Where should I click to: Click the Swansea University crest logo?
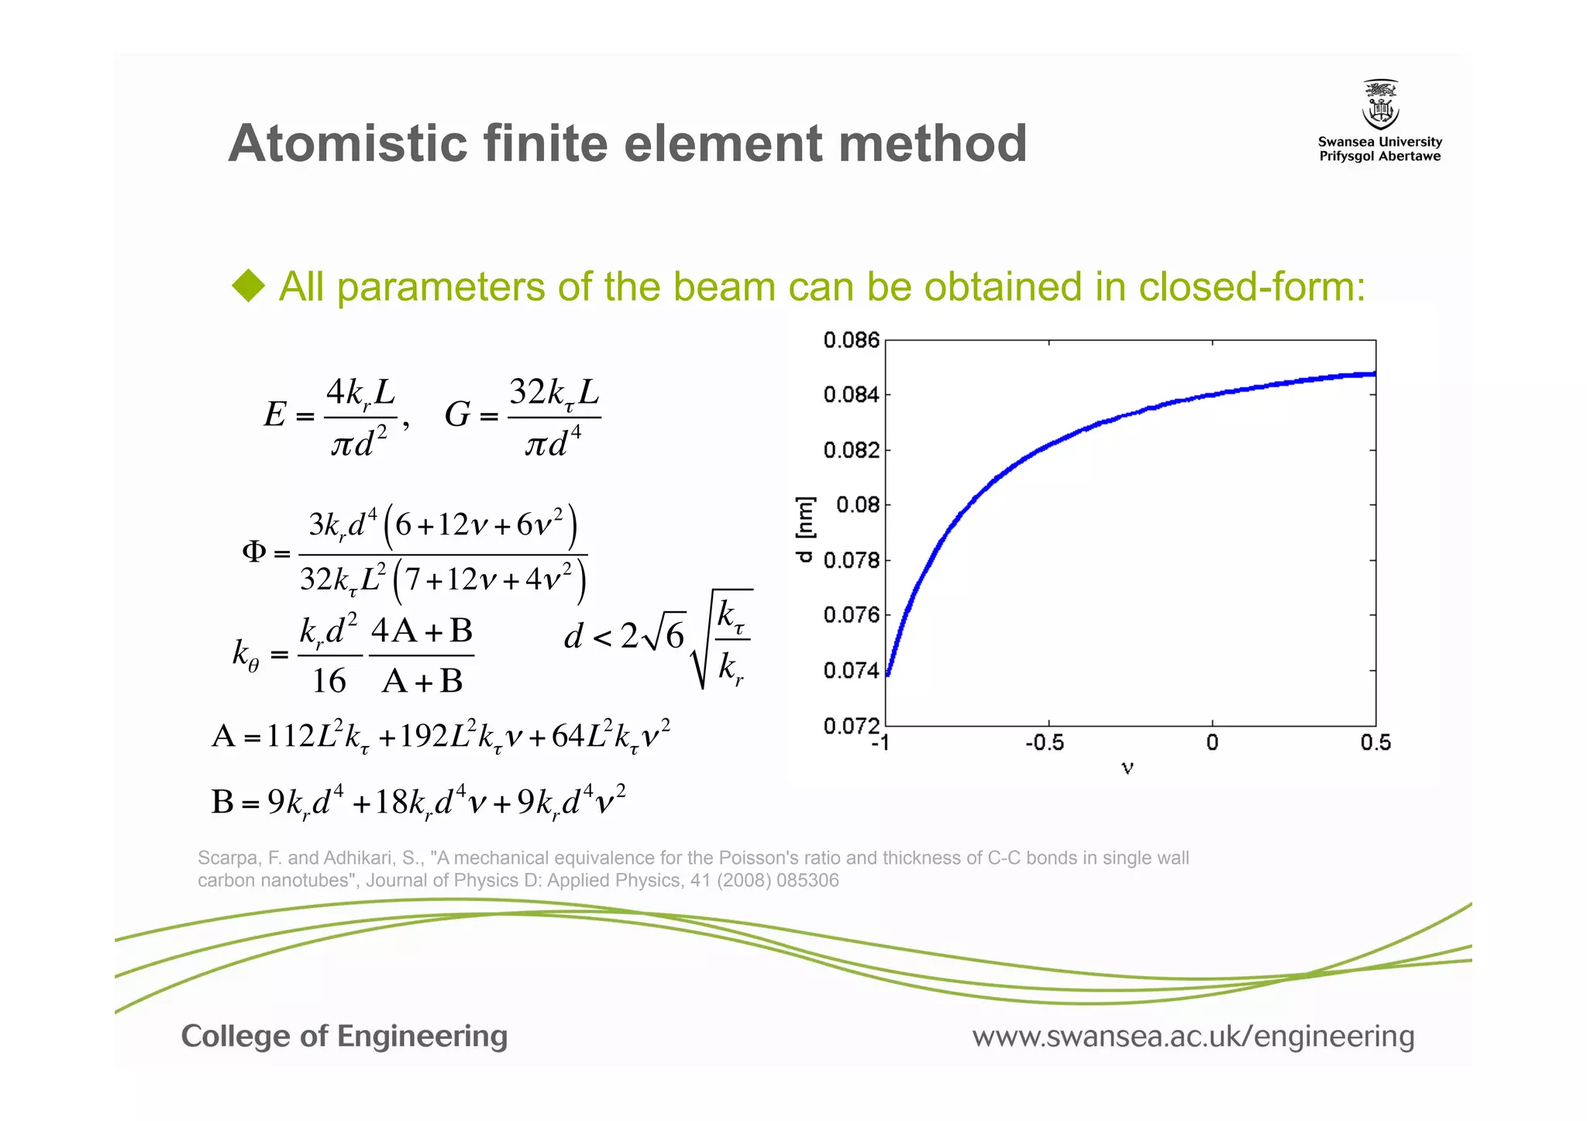(1380, 105)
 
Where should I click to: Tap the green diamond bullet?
(249, 286)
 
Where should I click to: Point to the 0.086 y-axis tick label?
(851, 340)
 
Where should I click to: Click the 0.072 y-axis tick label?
(851, 726)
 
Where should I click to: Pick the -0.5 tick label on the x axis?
(1045, 744)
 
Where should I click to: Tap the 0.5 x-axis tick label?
(1375, 744)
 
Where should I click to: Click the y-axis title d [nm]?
(806, 529)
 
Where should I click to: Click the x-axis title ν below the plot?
(1127, 768)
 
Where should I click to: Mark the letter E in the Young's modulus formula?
(275, 414)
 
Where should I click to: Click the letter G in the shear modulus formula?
(457, 414)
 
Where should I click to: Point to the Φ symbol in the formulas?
(254, 552)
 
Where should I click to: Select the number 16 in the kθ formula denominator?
(329, 681)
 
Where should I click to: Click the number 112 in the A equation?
(290, 735)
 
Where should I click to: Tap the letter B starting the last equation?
(222, 802)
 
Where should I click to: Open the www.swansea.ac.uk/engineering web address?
(1193, 1036)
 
